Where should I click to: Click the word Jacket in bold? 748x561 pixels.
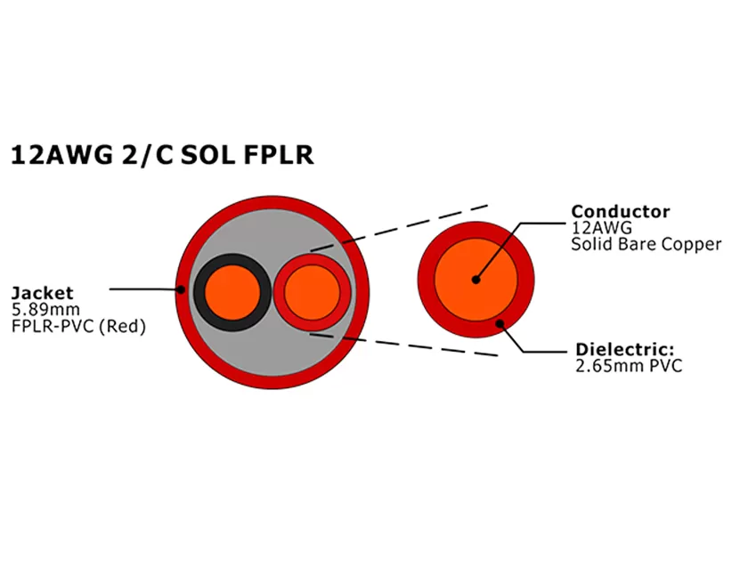(42, 292)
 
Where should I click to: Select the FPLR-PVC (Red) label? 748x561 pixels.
(77, 326)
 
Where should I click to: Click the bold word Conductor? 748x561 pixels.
(620, 212)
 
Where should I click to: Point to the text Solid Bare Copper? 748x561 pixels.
(646, 244)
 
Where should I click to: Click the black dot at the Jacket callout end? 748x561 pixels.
(181, 289)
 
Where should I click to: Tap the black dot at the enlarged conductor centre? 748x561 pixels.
(476, 279)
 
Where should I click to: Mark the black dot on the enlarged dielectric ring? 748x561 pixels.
(500, 323)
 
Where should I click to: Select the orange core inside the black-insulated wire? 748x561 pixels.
(232, 292)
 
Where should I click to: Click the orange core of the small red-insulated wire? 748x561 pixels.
(313, 293)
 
